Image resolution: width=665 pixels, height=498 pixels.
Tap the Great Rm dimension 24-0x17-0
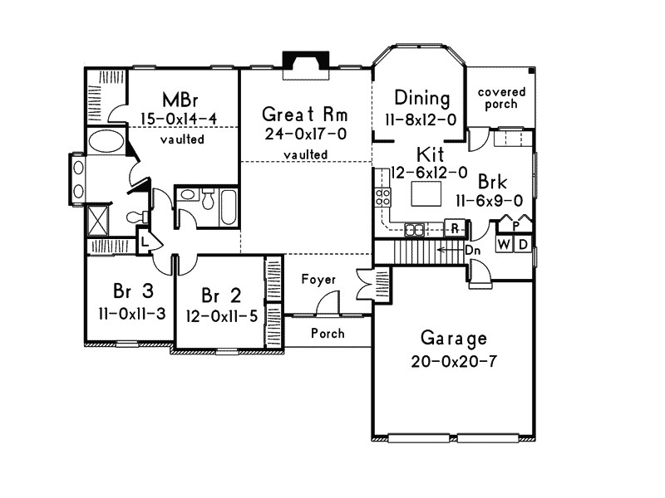coord(305,134)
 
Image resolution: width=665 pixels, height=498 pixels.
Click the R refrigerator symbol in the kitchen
coord(456,227)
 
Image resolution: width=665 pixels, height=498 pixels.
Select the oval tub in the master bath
coord(103,140)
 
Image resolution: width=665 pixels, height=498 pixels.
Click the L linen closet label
coord(144,242)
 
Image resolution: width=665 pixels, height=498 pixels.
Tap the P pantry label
coord(515,224)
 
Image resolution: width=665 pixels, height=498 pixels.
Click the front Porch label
coord(328,333)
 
